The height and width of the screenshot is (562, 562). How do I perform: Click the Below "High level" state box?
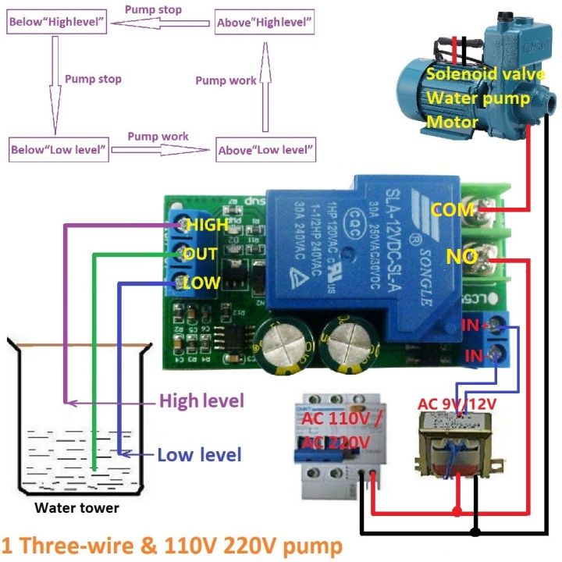(x=56, y=23)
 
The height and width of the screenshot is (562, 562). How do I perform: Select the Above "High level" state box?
(x=265, y=23)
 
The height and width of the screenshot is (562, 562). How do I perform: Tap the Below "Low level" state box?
(x=59, y=149)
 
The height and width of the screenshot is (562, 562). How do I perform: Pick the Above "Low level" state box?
(x=266, y=149)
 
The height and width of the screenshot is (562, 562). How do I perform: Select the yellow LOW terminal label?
(x=201, y=283)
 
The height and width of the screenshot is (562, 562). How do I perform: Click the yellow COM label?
(x=452, y=210)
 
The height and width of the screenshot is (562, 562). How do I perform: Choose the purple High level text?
(x=201, y=401)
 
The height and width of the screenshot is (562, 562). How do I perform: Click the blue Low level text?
(x=199, y=454)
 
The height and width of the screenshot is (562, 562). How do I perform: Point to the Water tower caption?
(x=76, y=508)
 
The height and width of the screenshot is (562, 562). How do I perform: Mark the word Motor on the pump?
(x=452, y=123)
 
